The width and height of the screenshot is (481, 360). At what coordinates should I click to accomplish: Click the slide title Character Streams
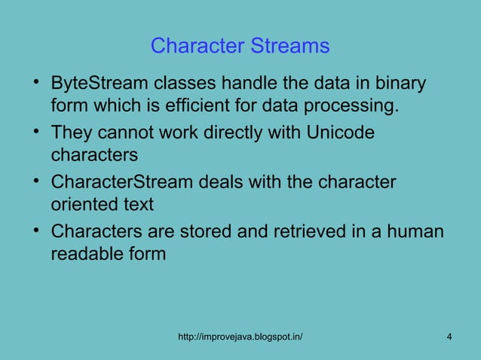[x=240, y=46]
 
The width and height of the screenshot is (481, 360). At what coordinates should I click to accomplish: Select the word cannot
[x=127, y=133]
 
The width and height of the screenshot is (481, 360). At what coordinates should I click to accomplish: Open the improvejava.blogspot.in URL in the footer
[x=240, y=336]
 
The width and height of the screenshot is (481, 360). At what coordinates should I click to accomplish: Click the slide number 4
[x=449, y=336]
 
